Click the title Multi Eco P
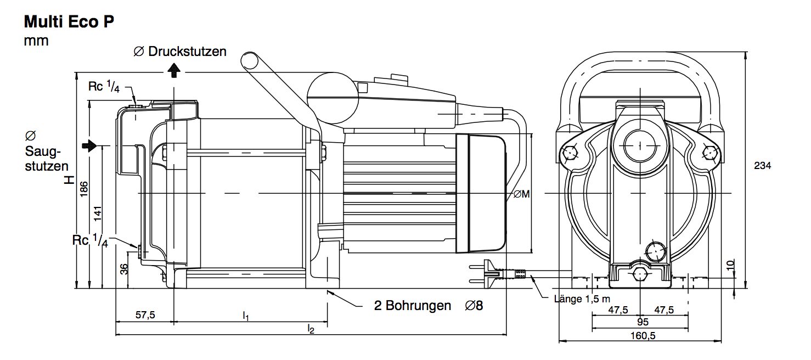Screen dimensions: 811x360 69,22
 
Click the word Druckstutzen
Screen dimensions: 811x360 187,52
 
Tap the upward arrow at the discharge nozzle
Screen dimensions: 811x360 174,70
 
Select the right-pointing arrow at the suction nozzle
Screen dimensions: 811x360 89,146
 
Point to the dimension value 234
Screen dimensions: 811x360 763,166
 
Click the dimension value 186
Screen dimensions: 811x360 83,189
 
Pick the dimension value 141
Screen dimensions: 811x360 97,213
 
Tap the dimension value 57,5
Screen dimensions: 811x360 145,315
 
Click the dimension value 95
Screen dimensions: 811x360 643,322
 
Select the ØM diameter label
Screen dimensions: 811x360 521,194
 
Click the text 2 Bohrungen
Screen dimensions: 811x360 413,306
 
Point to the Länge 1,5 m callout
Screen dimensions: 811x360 582,299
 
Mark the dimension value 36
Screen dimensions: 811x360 124,269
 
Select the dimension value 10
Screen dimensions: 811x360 731,264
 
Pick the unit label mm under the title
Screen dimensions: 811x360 36,41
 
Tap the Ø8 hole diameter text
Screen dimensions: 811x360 474,306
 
